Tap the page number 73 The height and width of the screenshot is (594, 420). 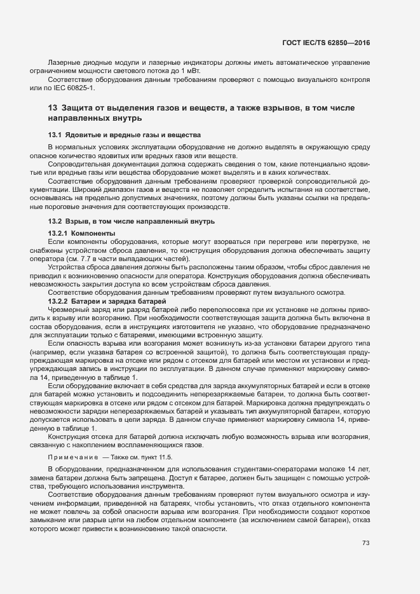(365, 543)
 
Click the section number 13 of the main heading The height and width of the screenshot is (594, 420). (53, 108)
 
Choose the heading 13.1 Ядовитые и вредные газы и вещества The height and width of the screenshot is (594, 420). (125, 135)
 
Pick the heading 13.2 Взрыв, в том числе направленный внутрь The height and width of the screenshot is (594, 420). (132, 222)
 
